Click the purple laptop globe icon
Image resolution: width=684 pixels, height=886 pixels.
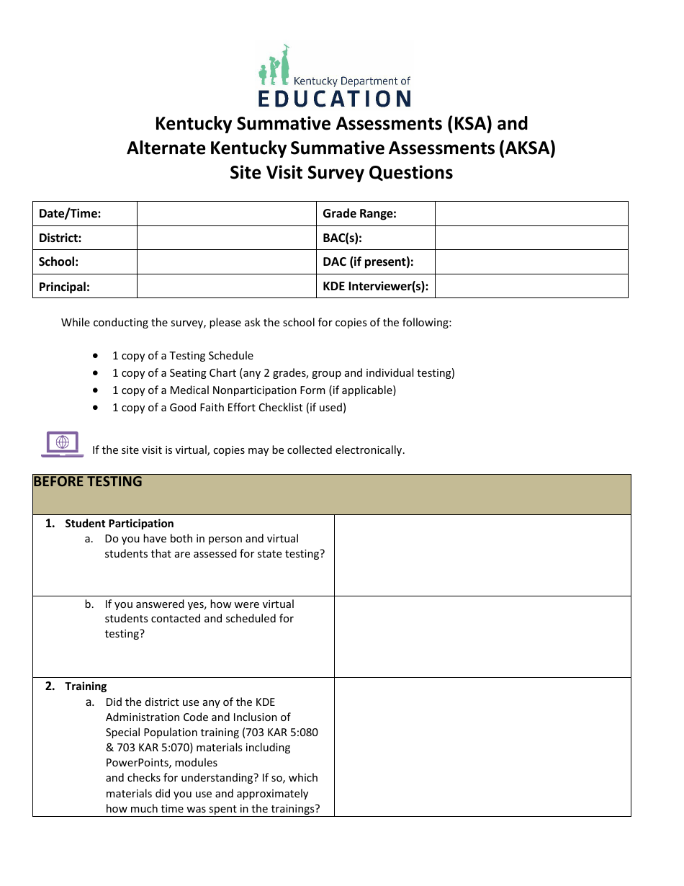(x=63, y=444)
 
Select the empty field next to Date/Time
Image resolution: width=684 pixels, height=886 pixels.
(x=227, y=214)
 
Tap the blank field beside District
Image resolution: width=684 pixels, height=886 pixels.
(x=227, y=238)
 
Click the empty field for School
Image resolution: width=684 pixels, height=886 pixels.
(x=227, y=262)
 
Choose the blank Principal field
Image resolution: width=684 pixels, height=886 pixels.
(x=227, y=287)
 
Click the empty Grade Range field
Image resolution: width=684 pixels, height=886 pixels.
(x=531, y=214)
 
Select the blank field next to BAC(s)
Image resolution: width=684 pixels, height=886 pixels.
(x=531, y=238)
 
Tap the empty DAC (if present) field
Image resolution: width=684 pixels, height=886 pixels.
(x=531, y=262)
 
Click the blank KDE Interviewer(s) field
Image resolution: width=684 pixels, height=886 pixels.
(x=531, y=287)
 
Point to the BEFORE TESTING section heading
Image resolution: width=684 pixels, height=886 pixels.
(x=88, y=482)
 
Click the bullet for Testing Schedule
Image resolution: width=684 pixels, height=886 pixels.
(x=96, y=356)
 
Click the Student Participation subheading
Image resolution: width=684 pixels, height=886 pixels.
(x=119, y=524)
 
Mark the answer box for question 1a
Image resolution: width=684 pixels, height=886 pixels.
(x=482, y=555)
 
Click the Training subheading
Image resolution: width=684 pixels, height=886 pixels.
(x=86, y=686)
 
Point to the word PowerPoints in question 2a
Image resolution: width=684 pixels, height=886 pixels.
(x=135, y=763)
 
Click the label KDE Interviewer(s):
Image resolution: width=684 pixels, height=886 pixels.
(x=375, y=287)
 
